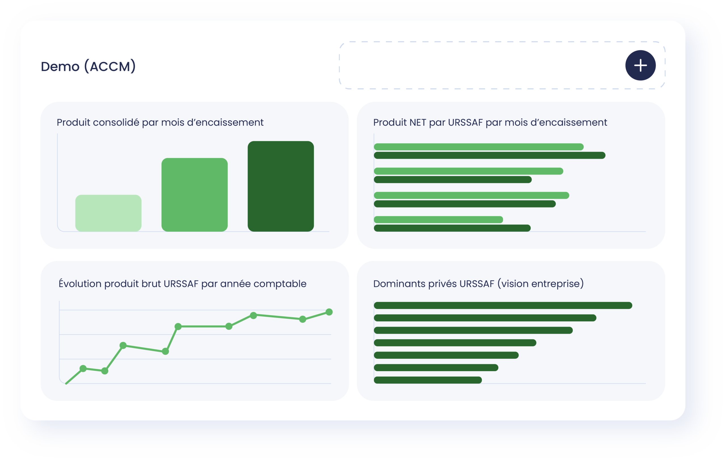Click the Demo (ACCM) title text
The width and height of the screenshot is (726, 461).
pos(88,66)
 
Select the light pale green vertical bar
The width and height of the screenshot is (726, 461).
pos(108,213)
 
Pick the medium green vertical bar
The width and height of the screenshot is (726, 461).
pos(195,195)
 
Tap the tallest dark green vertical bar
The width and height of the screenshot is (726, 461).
pos(281,186)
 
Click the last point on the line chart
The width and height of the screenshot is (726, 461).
pos(329,312)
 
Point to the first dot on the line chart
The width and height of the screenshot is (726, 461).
pos(83,369)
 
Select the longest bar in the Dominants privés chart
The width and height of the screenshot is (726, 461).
pos(503,305)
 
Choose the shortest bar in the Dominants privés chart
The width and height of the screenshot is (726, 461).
pos(428,380)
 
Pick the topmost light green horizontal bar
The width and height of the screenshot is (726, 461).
pos(479,147)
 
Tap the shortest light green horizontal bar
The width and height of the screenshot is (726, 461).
pos(438,219)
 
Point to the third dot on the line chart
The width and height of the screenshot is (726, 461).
pos(123,345)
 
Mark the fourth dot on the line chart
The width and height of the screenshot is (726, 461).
pos(166,351)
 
